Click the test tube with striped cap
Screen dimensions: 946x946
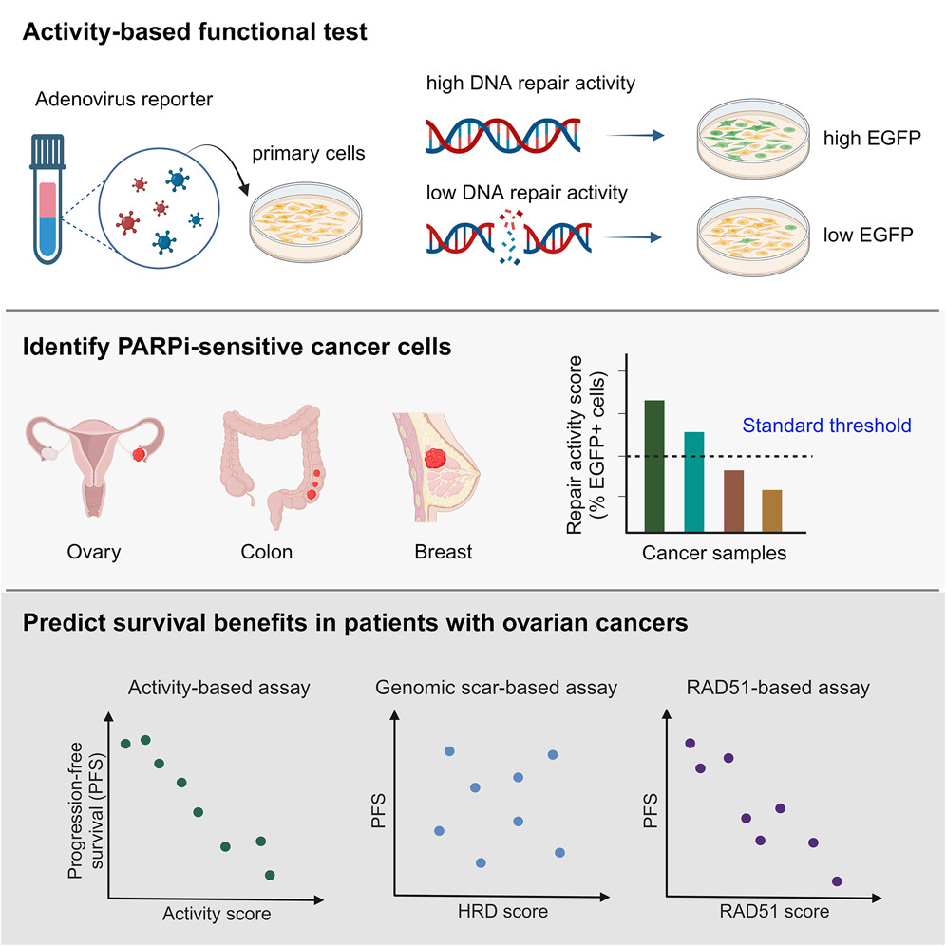pos(47,199)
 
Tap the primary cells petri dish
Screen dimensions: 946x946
pos(306,221)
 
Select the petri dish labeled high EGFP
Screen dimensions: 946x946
pos(753,140)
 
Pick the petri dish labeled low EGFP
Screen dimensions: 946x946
pos(753,236)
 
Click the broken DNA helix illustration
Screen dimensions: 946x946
pos(508,237)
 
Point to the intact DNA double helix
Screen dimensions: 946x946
pos(503,135)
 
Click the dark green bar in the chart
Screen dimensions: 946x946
pos(654,466)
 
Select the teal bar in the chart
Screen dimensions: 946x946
pos(693,482)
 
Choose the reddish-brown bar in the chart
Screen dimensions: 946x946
pos(733,501)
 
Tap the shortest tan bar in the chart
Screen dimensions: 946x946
pos(772,511)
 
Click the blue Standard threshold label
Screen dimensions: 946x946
pos(826,426)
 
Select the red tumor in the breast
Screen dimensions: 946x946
pos(435,459)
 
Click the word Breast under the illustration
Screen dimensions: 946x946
pos(444,552)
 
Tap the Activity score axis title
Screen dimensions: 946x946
pos(217,914)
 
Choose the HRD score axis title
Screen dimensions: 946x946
pos(502,911)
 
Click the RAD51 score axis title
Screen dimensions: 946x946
pos(774,911)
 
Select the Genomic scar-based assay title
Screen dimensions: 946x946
pos(496,688)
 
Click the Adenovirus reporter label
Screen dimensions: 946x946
pos(123,99)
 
